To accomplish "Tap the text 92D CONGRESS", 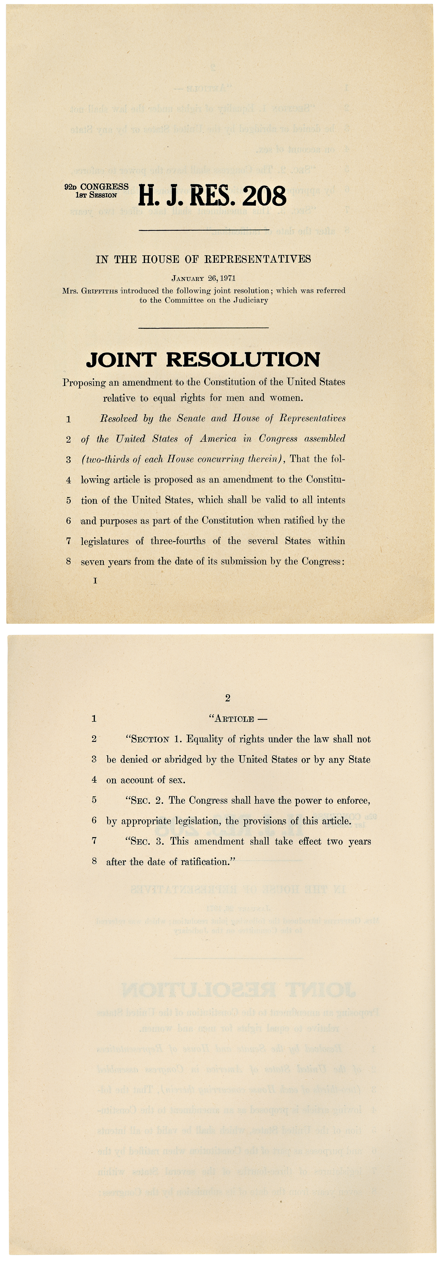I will pos(96,187).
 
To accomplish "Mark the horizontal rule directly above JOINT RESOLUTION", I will pos(204,327).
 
